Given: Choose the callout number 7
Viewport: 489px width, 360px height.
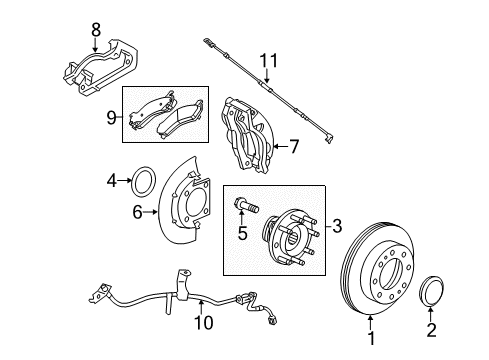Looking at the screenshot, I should (x=293, y=147).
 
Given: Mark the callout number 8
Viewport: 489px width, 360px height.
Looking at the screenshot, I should (x=96, y=30).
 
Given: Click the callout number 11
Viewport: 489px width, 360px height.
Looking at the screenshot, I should (x=266, y=61).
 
